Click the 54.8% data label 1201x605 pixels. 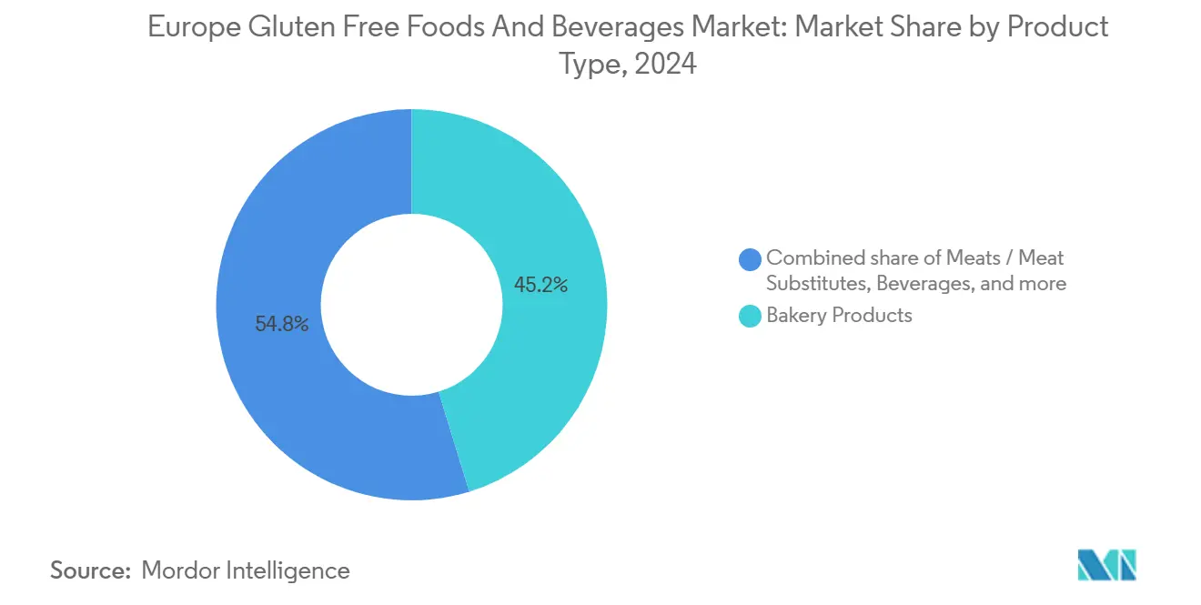click(282, 324)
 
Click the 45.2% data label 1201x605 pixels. click(540, 285)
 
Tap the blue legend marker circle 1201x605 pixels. click(751, 259)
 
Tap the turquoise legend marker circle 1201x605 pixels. click(751, 317)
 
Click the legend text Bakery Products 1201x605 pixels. click(839, 316)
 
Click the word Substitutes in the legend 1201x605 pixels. click(817, 284)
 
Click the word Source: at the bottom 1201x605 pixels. click(90, 570)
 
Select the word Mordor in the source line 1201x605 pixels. click(181, 570)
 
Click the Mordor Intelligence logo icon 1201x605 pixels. click(1107, 565)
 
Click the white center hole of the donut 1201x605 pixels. click(411, 305)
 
